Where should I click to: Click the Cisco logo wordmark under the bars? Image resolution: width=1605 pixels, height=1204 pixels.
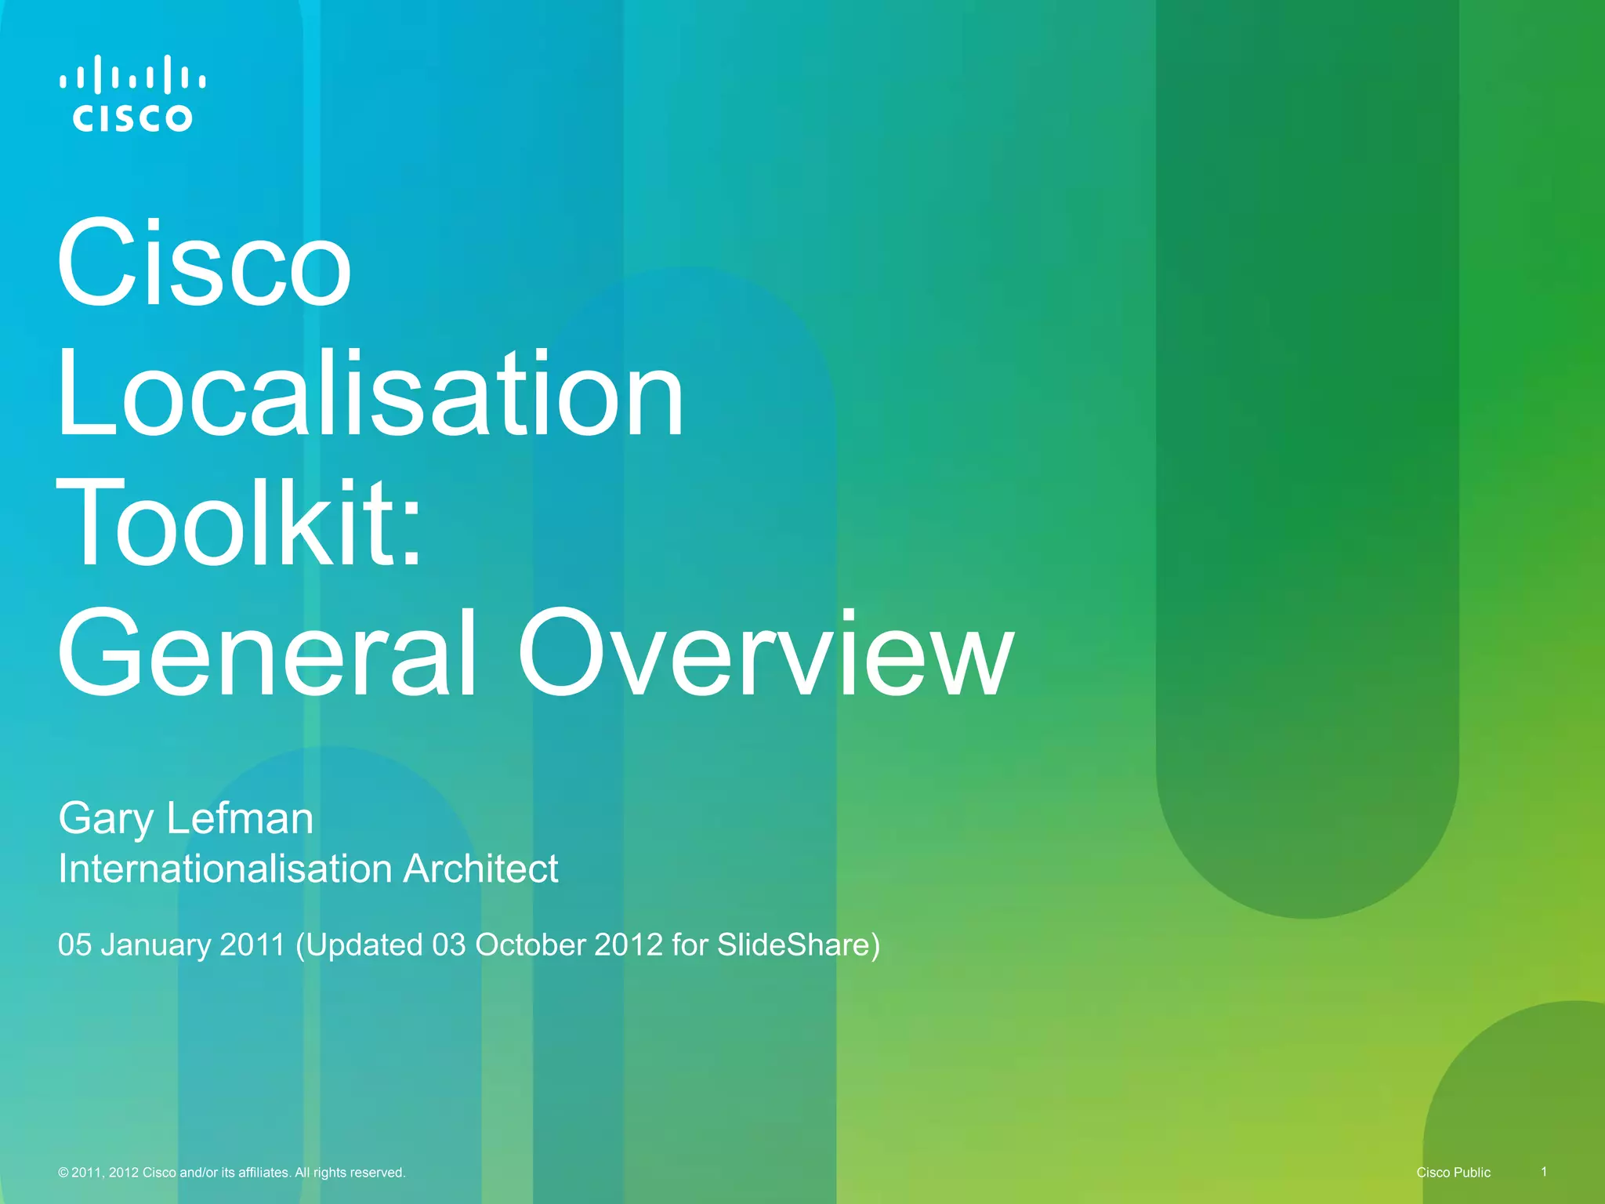click(x=132, y=118)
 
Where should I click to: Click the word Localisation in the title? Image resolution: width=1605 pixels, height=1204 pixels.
click(x=370, y=393)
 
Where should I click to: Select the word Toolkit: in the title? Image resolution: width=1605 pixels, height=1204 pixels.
click(x=239, y=523)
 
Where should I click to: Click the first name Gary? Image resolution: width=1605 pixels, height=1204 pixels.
click(x=106, y=820)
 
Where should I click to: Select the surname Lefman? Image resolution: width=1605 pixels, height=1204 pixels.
click(x=240, y=818)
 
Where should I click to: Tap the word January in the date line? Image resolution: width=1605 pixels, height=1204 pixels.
click(x=156, y=945)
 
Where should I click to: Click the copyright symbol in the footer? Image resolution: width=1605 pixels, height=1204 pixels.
click(x=63, y=1173)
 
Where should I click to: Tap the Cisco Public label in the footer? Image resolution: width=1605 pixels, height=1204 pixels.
click(x=1453, y=1173)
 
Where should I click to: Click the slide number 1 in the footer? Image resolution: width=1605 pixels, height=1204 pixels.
click(x=1544, y=1172)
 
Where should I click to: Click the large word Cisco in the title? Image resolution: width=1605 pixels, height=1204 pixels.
click(x=204, y=263)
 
